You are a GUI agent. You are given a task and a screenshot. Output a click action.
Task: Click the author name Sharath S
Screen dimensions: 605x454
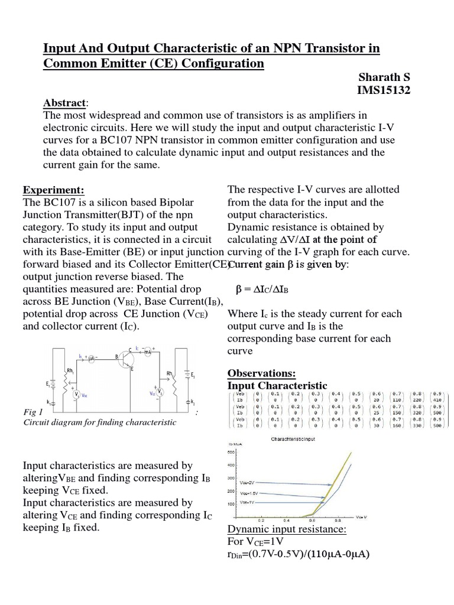tap(385, 78)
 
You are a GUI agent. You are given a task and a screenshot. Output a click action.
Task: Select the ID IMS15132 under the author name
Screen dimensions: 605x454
tap(384, 90)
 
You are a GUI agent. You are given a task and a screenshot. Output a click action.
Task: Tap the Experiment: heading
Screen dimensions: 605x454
tap(54, 190)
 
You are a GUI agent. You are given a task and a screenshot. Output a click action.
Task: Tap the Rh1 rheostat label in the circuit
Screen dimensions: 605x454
tap(70, 372)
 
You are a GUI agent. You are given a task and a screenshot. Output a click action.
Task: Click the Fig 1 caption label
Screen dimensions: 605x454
tap(33, 411)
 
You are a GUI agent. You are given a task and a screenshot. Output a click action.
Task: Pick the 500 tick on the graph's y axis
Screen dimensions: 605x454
tap(231, 452)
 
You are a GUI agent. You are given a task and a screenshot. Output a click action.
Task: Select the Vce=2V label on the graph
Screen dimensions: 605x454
tap(248, 482)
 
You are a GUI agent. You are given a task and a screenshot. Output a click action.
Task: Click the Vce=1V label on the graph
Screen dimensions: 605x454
tap(248, 502)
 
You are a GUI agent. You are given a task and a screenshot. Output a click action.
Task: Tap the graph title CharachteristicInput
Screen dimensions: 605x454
tap(292, 440)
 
